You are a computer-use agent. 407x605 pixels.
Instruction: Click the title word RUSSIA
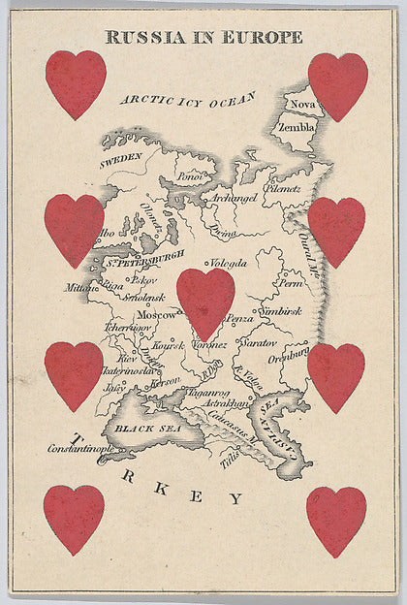coord(141,38)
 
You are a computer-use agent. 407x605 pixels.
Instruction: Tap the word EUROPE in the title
coord(261,38)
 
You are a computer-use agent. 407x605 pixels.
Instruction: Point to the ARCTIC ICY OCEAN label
coord(188,100)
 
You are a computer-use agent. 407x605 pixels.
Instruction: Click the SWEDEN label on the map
coord(120,157)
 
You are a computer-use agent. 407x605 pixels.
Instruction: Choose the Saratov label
coord(262,343)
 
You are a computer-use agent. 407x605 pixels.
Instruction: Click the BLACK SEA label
coord(136,428)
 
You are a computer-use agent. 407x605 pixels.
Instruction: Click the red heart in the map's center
coord(205,302)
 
